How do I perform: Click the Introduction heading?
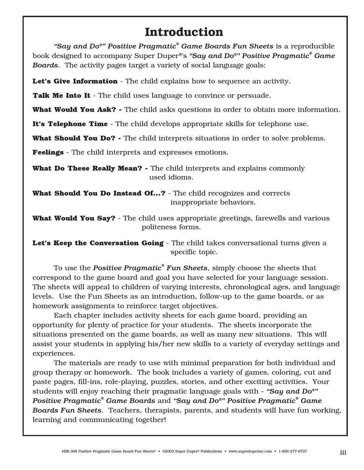pyautogui.click(x=184, y=32)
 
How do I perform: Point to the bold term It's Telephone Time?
pyautogui.click(x=70, y=124)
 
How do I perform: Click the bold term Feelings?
pyautogui.click(x=48, y=152)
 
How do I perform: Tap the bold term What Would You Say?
pyautogui.click(x=74, y=218)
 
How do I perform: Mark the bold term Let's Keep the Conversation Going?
pyautogui.click(x=98, y=243)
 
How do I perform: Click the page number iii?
pyautogui.click(x=343, y=452)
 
